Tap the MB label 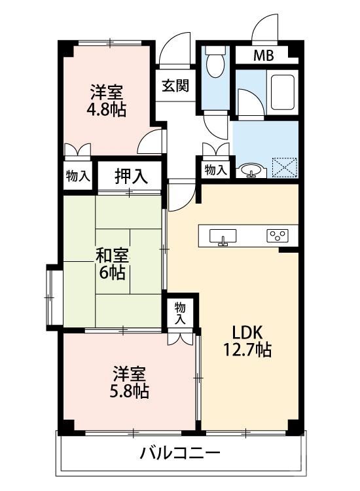pos(264,56)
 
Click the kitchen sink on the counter pos(223,236)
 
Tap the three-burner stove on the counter pos(276,236)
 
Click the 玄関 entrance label pos(175,86)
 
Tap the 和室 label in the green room pos(112,255)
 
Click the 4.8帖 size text pos(107,109)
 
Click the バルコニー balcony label pos(179,453)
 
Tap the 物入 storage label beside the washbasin pos(215,170)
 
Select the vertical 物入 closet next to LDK pos(179,314)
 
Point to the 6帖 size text pos(112,272)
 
